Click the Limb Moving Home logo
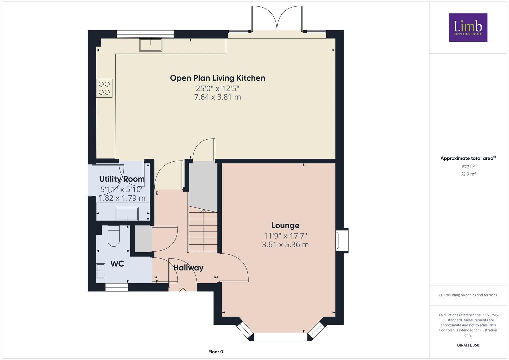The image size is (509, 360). [468, 27]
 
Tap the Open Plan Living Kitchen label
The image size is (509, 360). [217, 78]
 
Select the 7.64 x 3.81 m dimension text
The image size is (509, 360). [217, 97]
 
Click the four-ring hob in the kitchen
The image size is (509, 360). [104, 88]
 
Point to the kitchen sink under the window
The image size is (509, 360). [151, 45]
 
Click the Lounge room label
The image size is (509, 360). [285, 225]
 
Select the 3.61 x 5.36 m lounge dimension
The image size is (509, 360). [285, 245]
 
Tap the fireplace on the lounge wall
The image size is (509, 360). [342, 240]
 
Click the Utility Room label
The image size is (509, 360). [122, 179]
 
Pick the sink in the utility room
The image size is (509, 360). [127, 214]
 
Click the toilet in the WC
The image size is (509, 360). [114, 236]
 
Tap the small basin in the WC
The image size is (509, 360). [101, 270]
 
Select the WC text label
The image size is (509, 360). [117, 264]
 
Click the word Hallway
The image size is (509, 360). [188, 268]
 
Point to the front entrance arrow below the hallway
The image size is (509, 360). [183, 291]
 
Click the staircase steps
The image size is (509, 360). [203, 231]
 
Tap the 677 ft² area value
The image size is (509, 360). [468, 167]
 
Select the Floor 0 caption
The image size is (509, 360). [216, 352]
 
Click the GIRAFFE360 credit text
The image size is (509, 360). [468, 345]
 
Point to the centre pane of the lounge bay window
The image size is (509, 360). [281, 337]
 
